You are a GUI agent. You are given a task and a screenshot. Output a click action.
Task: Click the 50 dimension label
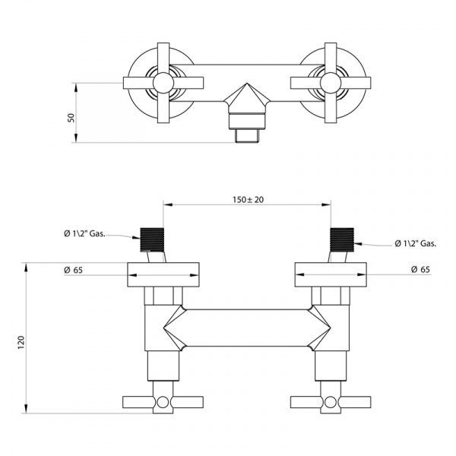pos(71,118)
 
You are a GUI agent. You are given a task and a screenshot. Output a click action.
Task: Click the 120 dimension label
pos(22,342)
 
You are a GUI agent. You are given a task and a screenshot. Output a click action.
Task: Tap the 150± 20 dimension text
pos(248,200)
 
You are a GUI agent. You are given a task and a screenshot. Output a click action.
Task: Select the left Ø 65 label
pos(73,270)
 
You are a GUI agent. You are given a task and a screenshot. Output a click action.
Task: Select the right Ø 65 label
pos(420,270)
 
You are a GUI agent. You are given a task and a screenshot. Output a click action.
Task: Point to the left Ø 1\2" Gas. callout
pos(84,233)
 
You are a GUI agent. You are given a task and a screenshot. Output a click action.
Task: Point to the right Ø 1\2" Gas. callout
pos(416,244)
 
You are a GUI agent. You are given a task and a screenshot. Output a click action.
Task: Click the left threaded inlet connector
pos(152,239)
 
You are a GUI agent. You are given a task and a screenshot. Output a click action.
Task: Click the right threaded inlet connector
pos(342,239)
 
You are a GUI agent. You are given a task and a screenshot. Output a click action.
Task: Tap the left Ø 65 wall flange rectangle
pos(163,275)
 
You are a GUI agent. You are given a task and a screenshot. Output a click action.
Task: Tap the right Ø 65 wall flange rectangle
pos(331,275)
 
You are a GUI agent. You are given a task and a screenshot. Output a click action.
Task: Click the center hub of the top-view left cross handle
pos(163,83)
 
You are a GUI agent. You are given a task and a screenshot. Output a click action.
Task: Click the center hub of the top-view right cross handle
pos(331,83)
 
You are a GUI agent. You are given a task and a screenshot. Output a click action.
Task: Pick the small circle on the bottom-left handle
pos(163,403)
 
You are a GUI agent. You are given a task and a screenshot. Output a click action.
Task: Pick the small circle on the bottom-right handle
pos(330,403)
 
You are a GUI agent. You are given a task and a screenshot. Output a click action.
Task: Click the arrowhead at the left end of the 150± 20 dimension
pos(167,204)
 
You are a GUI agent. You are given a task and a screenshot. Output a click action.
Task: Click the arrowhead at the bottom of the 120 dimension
pos(26,409)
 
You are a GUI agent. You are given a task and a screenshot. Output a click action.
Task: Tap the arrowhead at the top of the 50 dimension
pos(76,87)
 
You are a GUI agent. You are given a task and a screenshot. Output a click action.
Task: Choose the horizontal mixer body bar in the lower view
pos(247,328)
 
